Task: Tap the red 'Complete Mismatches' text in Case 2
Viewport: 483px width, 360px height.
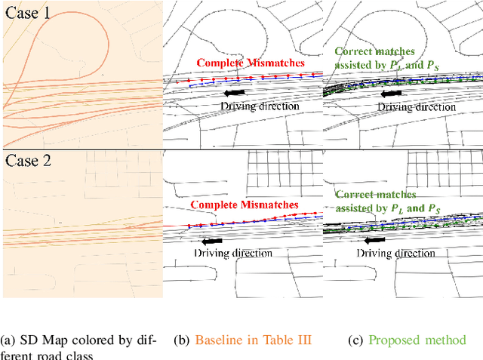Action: click(243, 205)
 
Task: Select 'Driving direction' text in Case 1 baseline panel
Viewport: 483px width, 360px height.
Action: click(260, 106)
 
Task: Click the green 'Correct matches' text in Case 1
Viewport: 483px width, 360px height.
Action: click(374, 52)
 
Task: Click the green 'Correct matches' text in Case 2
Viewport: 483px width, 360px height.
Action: click(374, 195)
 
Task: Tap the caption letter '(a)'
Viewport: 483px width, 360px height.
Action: click(10, 340)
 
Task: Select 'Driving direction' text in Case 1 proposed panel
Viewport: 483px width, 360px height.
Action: click(417, 107)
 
